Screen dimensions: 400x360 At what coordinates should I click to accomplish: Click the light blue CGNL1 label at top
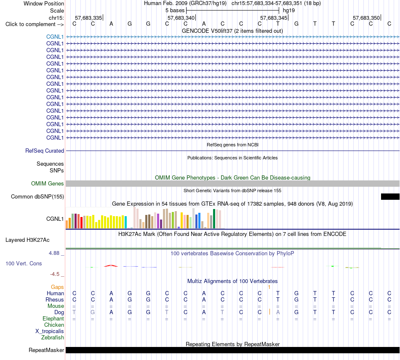tap(55, 37)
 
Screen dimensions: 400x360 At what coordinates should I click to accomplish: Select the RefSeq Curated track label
tap(44, 151)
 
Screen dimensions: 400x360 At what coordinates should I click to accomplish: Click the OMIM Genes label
tap(47, 183)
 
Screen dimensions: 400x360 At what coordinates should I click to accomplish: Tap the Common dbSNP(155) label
tap(37, 197)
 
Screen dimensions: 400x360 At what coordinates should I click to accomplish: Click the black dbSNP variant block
tap(390, 196)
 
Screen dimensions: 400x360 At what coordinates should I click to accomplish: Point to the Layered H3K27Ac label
tap(27, 240)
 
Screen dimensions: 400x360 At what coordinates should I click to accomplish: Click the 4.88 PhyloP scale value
tap(54, 253)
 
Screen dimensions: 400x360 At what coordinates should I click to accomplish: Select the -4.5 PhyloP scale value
tap(55, 274)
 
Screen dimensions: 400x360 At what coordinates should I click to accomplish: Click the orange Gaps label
tap(57, 287)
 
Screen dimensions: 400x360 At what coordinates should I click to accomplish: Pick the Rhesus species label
tap(55, 299)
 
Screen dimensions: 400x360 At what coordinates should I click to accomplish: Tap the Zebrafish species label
tap(53, 338)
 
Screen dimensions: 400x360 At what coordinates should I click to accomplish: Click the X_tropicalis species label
tap(50, 331)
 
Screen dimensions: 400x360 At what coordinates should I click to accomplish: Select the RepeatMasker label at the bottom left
tap(46, 350)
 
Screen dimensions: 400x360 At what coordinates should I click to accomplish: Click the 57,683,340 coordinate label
tap(181, 18)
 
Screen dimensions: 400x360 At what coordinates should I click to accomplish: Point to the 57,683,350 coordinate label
tap(366, 18)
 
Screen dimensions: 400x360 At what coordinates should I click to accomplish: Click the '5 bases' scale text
tap(175, 11)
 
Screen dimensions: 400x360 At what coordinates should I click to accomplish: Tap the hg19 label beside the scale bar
tap(289, 11)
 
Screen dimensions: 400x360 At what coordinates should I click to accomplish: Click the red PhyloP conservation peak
tap(111, 266)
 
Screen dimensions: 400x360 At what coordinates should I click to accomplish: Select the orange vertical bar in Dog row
tap(269, 312)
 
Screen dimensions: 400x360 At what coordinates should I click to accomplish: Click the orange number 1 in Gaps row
tap(269, 287)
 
